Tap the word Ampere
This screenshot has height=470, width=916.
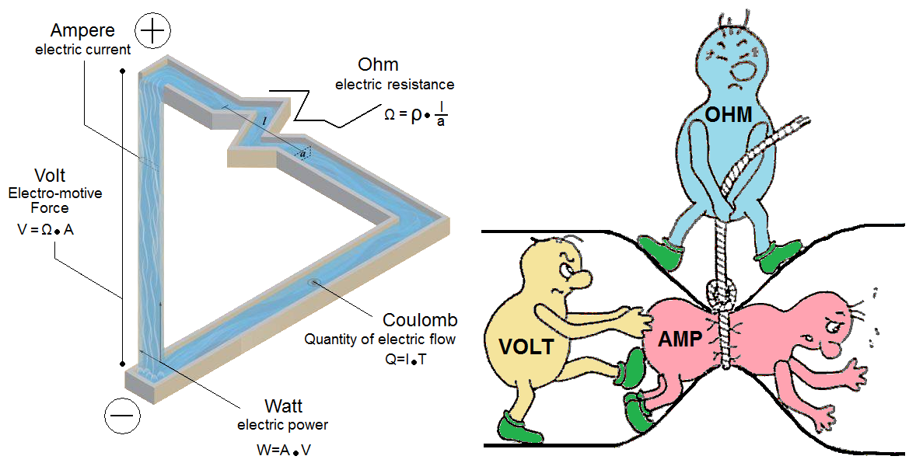click(x=83, y=31)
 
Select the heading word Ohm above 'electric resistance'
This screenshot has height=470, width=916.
click(x=377, y=64)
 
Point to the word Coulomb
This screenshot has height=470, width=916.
click(x=420, y=320)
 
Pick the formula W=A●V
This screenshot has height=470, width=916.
click(x=282, y=450)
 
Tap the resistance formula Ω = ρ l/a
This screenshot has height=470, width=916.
click(x=417, y=113)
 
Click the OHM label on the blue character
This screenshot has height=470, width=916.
click(x=729, y=116)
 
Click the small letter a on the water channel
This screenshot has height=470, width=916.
click(x=304, y=154)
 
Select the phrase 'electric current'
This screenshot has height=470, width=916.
click(x=82, y=50)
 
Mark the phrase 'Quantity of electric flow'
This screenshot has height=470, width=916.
click(x=379, y=339)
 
